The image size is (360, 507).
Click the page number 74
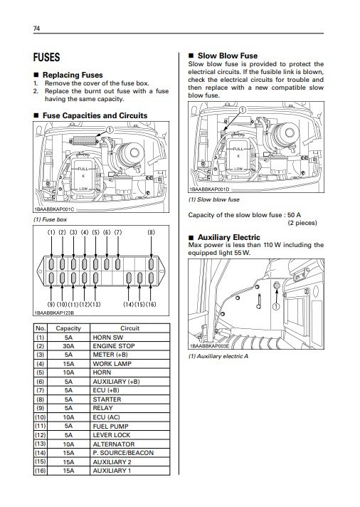coord(36,28)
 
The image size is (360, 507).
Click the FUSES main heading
coord(46,57)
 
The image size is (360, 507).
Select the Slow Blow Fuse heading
coord(228,56)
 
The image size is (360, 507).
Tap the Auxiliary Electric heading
coord(229,237)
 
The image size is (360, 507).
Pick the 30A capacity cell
coord(68,346)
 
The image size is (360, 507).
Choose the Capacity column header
coord(68,328)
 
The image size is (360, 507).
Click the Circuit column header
coord(130,328)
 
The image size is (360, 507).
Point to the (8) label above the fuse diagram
coord(152,232)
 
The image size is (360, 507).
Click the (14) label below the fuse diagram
coord(129,304)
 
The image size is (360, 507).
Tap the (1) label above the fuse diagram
coord(51,232)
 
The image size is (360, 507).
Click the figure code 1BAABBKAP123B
coord(54,313)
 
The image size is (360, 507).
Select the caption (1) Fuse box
coord(50,219)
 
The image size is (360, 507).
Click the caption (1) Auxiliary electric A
coord(218,356)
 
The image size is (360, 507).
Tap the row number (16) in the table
coord(41,471)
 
